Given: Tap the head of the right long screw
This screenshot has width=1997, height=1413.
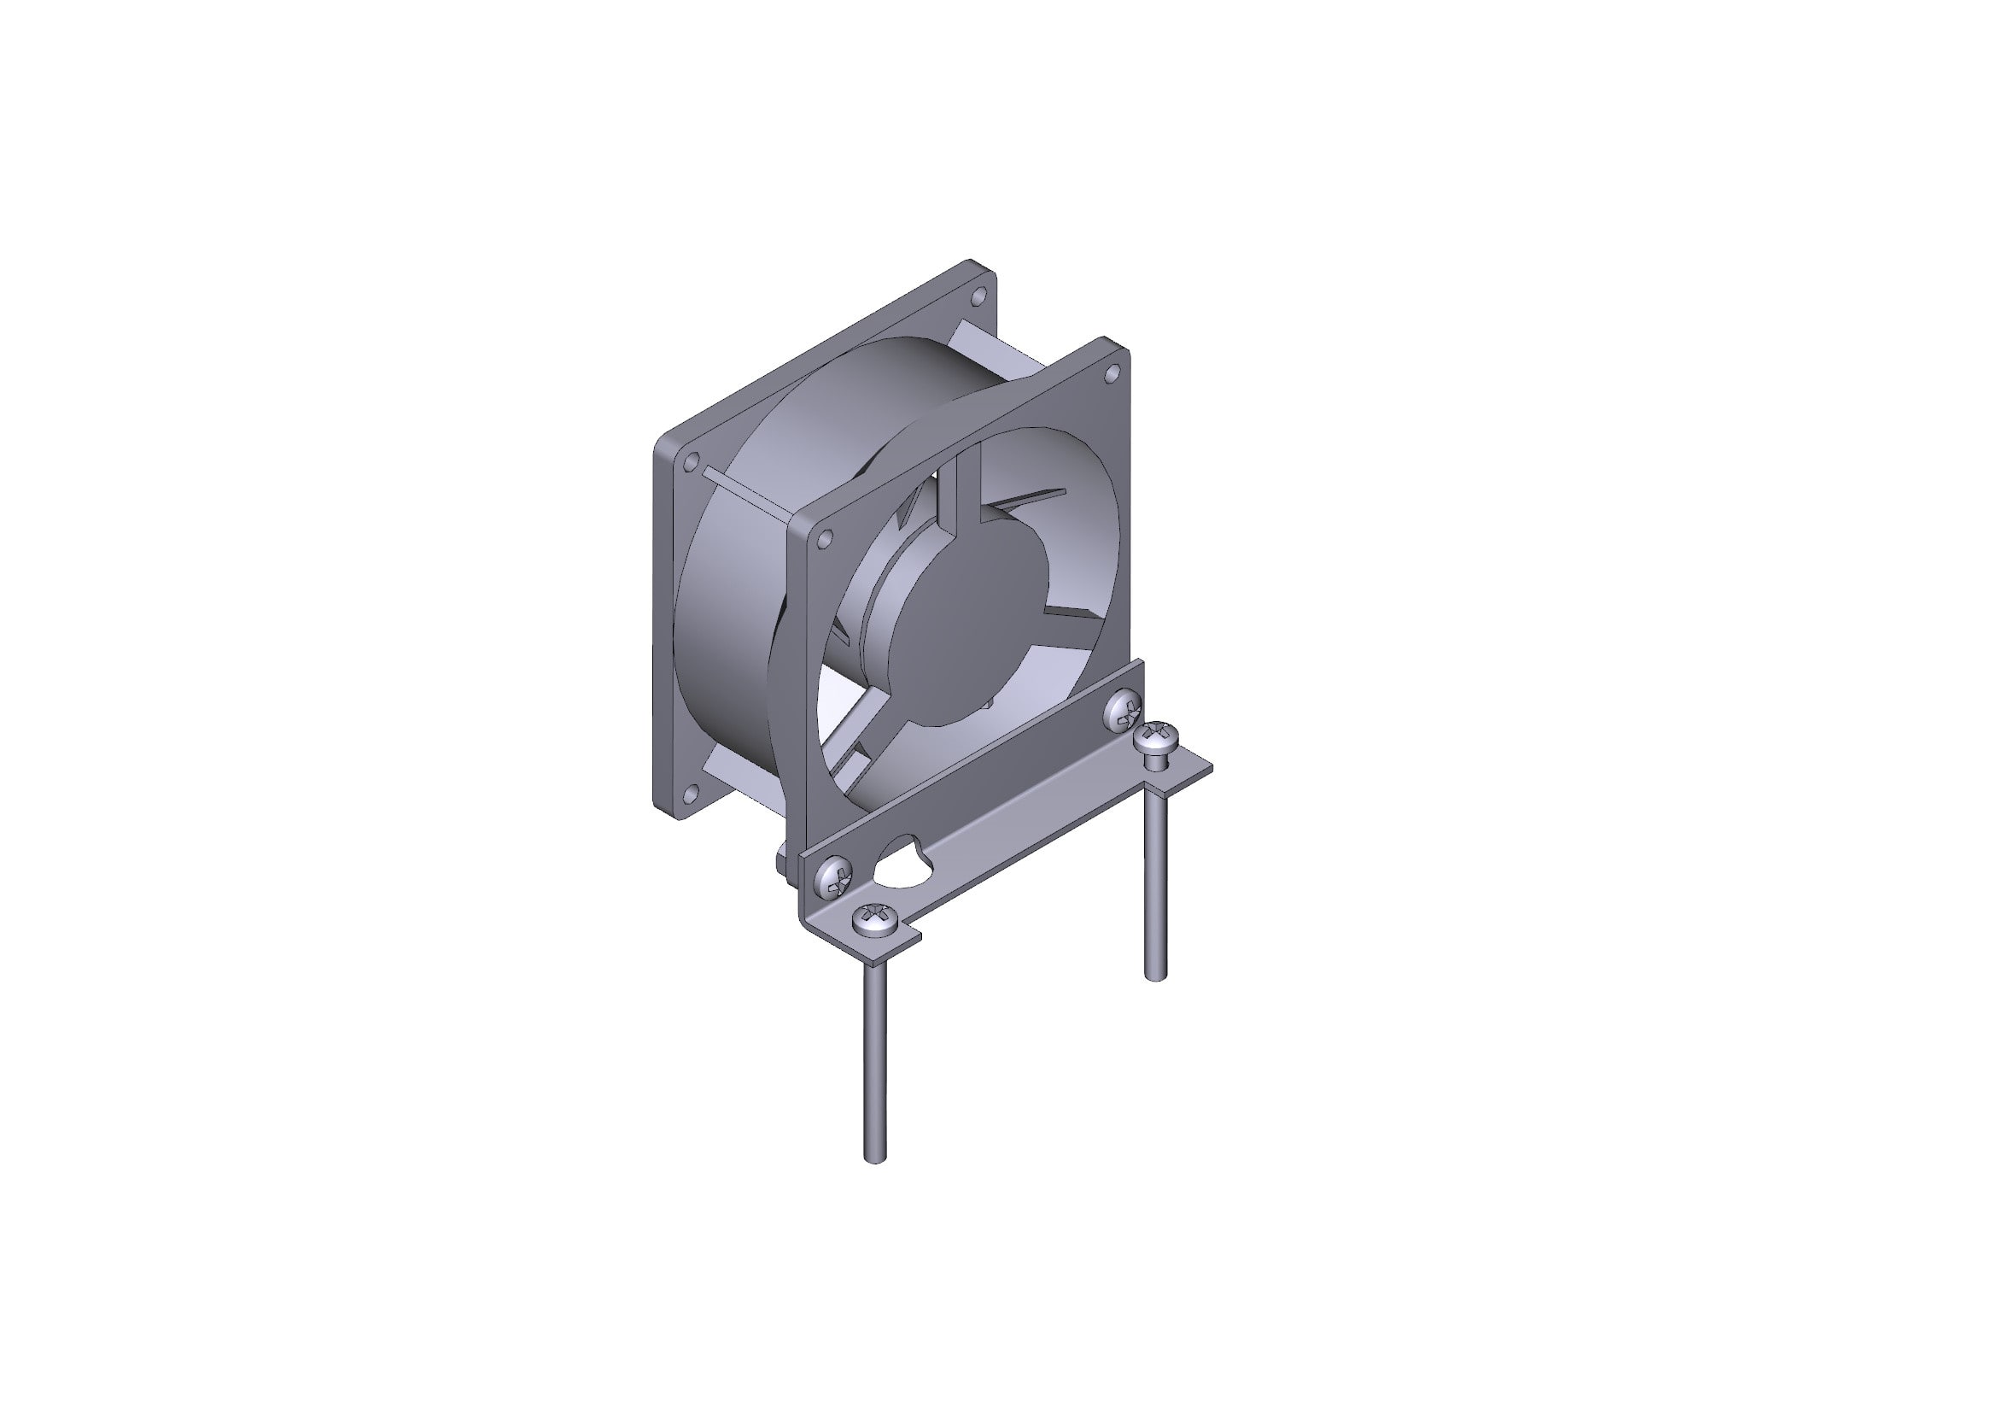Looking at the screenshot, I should coord(1157,739).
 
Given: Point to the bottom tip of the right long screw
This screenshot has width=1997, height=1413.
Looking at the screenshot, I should coord(1156,977).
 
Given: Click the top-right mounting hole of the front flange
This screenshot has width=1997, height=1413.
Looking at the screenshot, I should coord(1112,374).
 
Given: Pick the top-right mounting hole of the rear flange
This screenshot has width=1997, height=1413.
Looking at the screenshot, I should coord(978,296).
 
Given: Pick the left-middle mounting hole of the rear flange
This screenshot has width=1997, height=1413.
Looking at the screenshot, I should coord(692,460).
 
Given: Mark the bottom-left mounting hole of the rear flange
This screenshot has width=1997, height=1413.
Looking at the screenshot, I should coord(691,792).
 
